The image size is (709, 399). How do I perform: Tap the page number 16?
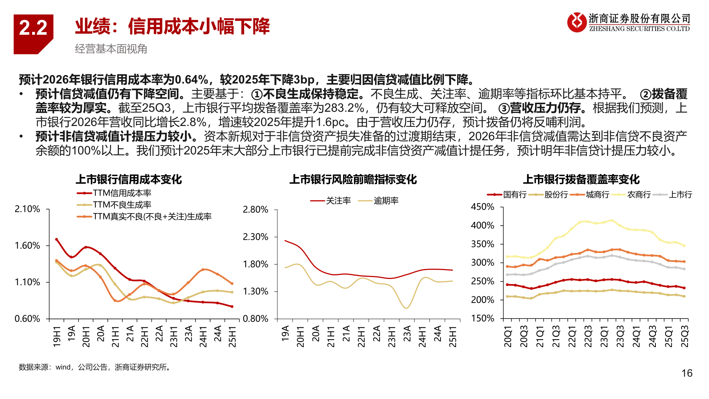pyautogui.click(x=686, y=373)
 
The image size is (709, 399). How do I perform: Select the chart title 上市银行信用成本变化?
pyautogui.click(x=129, y=180)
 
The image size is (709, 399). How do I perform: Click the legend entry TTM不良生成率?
pyautogui.click(x=122, y=205)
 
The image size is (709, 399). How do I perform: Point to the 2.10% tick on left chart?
pyautogui.click(x=27, y=209)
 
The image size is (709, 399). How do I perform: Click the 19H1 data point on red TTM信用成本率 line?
pyautogui.click(x=56, y=239)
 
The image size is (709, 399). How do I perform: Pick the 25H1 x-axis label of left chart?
pyautogui.click(x=232, y=336)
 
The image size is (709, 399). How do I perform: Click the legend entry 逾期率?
pyautogui.click(x=386, y=201)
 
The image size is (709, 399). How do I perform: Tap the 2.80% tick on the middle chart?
pyautogui.click(x=255, y=209)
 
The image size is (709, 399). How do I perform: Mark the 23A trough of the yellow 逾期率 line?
pyautogui.click(x=406, y=308)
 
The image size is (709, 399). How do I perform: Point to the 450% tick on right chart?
pyautogui.click(x=482, y=207)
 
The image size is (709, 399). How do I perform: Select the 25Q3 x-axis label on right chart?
pyautogui.click(x=684, y=336)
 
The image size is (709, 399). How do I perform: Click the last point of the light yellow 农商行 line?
pyautogui.click(x=684, y=246)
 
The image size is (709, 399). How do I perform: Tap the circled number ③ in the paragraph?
pyautogui.click(x=504, y=108)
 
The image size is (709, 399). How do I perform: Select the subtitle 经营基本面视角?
pyautogui.click(x=111, y=49)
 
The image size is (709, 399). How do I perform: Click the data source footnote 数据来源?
pyautogui.click(x=95, y=367)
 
